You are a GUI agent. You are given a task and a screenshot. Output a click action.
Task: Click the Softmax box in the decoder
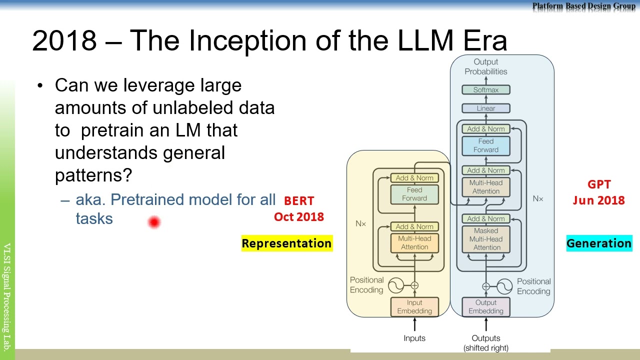485,90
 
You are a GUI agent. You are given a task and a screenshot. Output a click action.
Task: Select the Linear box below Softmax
485,108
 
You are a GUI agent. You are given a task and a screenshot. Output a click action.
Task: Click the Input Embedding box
414,307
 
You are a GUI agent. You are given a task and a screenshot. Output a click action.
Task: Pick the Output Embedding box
485,307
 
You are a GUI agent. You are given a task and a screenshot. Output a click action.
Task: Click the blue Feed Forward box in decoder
485,145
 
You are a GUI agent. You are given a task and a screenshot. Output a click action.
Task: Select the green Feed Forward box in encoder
414,194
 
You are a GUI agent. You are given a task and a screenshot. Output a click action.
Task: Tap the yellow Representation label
286,243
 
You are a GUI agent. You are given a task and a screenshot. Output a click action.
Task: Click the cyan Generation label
598,243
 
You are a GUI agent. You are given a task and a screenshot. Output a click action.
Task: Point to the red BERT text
299,201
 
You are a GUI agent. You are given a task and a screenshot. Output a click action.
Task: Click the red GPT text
599,184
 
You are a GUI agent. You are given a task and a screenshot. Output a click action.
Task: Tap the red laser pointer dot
154,222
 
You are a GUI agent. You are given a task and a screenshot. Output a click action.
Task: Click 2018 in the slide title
64,40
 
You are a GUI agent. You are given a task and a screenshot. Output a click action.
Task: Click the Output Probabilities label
485,66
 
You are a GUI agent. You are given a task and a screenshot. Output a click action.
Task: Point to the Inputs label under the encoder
414,338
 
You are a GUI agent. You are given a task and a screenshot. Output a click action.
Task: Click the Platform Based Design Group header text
583,6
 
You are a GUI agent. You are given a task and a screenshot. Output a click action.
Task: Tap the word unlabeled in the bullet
192,108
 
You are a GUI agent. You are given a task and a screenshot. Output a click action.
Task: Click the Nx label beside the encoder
360,223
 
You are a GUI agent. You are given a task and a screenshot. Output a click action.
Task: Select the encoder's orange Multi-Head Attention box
414,243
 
